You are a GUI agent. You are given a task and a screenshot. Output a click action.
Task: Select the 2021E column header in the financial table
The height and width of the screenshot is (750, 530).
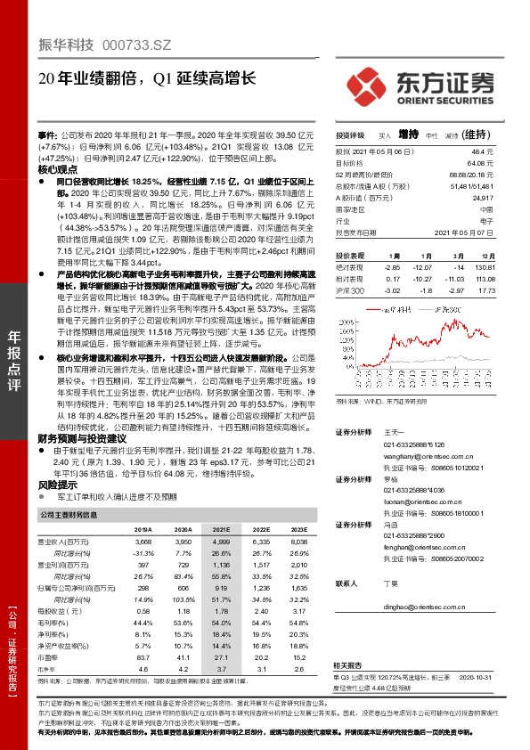pos(220,528)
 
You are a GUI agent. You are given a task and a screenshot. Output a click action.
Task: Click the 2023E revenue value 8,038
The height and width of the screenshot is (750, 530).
pos(298,542)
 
